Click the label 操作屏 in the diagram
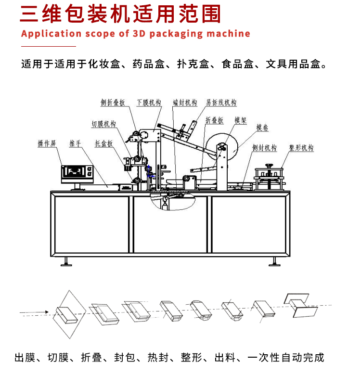(x=48, y=144)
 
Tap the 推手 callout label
(x=75, y=144)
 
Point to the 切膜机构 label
(x=104, y=124)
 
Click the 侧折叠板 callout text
(x=113, y=103)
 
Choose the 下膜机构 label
(x=149, y=103)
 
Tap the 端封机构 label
(x=185, y=103)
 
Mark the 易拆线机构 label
(x=221, y=103)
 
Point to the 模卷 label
(x=262, y=128)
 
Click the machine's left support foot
(x=67, y=261)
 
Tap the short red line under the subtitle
(x=49, y=46)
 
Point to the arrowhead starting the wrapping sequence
(x=46, y=313)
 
